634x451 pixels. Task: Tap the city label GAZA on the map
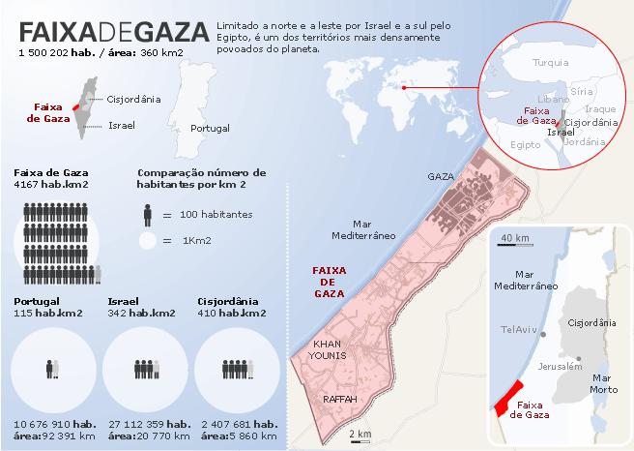click(x=440, y=178)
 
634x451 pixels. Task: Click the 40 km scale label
click(x=515, y=238)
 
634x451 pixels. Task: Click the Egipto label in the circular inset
click(x=524, y=144)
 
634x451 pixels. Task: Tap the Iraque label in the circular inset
click(x=600, y=109)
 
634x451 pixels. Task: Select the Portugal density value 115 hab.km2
click(x=47, y=313)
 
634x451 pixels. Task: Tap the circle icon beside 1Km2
click(x=147, y=240)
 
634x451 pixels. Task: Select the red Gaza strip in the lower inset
click(x=502, y=396)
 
